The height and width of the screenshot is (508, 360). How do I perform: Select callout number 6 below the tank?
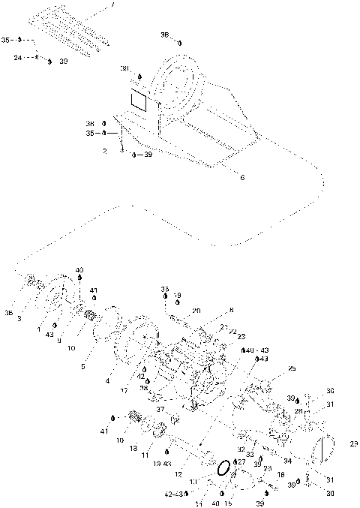point(242,177)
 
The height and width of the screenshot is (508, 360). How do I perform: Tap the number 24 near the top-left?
point(17,56)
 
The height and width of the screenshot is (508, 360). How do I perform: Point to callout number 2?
point(104,150)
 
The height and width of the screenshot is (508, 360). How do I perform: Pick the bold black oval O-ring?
point(223,468)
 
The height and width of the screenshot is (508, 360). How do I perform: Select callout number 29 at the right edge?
point(353,444)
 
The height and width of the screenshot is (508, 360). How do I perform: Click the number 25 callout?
point(292,368)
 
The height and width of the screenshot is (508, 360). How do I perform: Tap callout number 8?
point(231,309)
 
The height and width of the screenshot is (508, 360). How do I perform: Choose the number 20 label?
point(196,310)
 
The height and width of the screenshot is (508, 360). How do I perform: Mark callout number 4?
point(108,381)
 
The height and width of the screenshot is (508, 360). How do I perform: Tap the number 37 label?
point(160,409)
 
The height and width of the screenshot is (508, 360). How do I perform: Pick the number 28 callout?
point(297,412)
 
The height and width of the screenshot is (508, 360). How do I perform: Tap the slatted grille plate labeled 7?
point(73,31)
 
